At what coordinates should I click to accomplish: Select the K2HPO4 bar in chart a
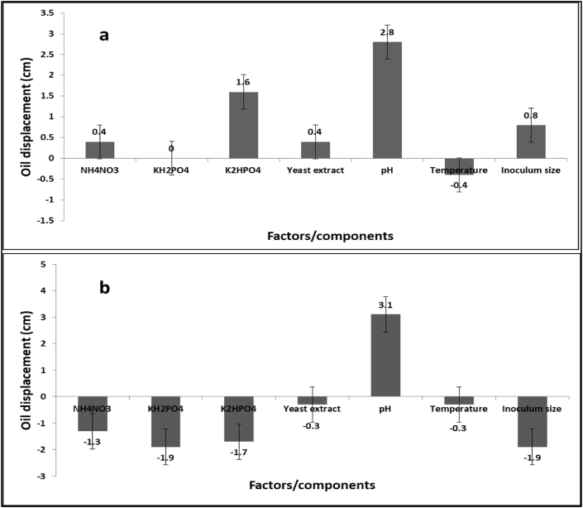[243, 125]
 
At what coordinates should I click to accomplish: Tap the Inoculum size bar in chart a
[530, 141]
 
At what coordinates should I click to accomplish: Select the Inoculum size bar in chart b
[529, 421]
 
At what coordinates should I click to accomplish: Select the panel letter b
[104, 289]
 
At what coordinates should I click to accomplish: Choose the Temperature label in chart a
[458, 170]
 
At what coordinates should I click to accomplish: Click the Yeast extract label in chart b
[313, 409]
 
